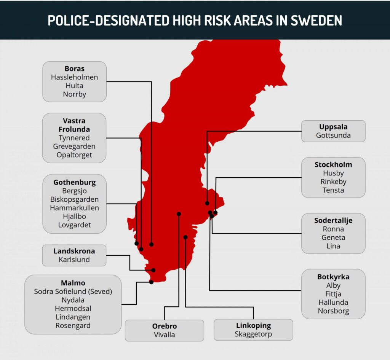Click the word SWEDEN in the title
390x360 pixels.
coord(316,20)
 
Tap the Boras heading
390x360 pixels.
coord(74,69)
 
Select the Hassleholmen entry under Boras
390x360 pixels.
coord(74,77)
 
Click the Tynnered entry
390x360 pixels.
coord(74,138)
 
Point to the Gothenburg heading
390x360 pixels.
coord(74,182)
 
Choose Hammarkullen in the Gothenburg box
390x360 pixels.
coord(74,208)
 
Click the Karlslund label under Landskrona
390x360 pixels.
coord(74,260)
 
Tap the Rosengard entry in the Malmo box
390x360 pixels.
coord(73,325)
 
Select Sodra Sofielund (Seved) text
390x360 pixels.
coord(73,292)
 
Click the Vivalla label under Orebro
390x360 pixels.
coord(165,335)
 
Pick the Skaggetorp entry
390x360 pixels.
coord(253,335)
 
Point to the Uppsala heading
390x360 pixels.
coord(333,127)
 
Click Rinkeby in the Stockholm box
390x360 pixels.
coord(333,182)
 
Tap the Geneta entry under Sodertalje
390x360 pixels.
coord(333,237)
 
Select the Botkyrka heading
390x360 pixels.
coord(333,277)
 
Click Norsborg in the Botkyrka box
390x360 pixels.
coord(333,311)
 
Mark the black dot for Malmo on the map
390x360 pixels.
coord(151,282)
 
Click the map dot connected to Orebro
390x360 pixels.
coord(179,214)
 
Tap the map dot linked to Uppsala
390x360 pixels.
coord(207,203)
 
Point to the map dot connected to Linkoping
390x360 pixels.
coord(185,237)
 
